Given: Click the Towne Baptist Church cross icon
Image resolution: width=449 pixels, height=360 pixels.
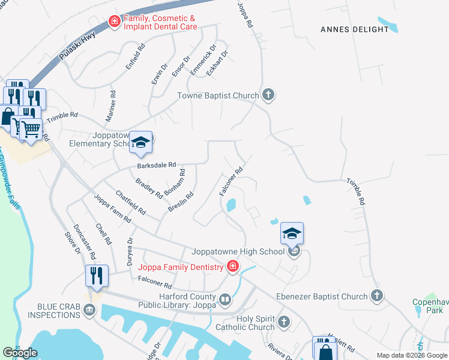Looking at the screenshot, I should click(268, 95).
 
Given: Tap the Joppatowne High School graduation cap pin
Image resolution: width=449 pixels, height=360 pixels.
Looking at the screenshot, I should click(292, 233).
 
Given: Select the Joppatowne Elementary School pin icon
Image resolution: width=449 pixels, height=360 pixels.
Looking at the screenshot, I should click(140, 142).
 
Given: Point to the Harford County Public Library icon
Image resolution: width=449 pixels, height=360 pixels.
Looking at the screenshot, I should click(225, 299).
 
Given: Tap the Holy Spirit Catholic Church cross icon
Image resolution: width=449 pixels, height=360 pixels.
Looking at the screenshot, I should click(284, 323).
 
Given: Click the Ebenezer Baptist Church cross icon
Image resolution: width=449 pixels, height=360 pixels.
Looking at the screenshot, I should click(376, 296).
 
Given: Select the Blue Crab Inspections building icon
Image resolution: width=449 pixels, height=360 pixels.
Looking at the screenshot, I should click(89, 310).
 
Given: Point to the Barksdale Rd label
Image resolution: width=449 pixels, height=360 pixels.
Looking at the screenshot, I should click(156, 164).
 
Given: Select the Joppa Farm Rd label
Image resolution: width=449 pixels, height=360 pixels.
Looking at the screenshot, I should click(112, 209).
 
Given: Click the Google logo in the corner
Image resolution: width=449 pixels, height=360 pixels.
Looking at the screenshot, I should click(20, 353).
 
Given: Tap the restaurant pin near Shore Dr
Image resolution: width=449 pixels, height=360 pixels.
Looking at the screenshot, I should click(97, 275).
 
